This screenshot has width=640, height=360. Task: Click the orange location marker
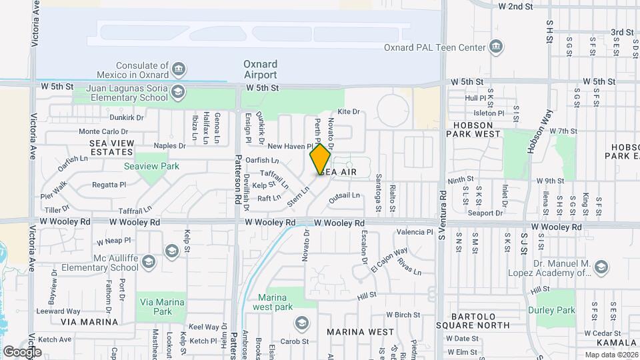pos(320,159)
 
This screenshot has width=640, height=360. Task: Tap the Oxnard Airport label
pos(260,69)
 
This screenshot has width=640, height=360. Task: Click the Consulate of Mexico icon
pos(178,69)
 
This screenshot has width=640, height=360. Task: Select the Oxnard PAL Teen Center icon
pos(495,47)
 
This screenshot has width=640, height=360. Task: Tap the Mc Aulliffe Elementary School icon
pos(172,251)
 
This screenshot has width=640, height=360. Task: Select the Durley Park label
pos(551,310)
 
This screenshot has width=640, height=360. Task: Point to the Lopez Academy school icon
pos(602,268)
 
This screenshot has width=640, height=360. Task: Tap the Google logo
pos(22,352)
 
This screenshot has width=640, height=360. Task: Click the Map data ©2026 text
pos(611,355)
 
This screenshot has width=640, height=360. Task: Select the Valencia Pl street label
pos(415,232)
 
